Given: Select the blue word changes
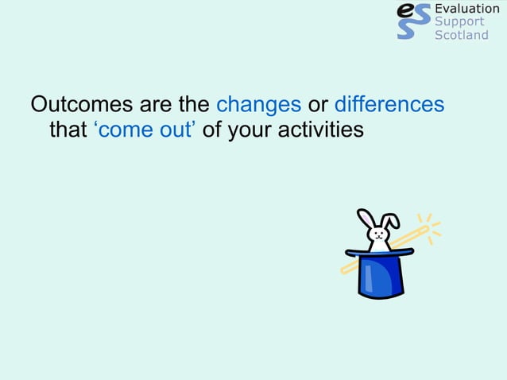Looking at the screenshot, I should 258,105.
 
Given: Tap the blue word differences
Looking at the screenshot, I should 389,105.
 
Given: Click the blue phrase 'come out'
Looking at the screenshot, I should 143,129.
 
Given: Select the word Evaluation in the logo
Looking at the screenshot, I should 467,9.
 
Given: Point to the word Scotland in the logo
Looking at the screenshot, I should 462,35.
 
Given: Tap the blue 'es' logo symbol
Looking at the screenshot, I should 412,21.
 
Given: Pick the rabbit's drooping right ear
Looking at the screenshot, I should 392,222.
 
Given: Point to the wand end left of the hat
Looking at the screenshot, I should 346,270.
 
